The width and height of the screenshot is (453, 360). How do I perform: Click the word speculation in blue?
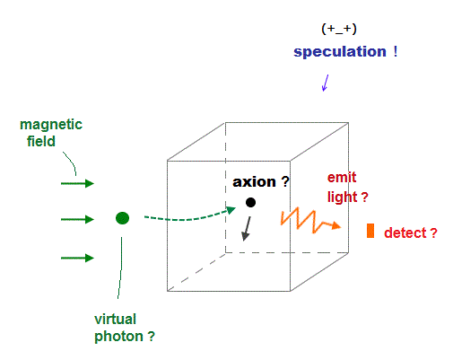(x=340, y=52)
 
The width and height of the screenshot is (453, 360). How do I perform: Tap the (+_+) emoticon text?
(x=339, y=29)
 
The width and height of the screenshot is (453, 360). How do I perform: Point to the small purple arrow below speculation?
(x=326, y=83)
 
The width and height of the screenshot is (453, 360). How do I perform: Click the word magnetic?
(x=51, y=125)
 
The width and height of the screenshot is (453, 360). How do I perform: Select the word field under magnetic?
(x=41, y=141)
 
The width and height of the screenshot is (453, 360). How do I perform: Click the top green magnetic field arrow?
(x=77, y=183)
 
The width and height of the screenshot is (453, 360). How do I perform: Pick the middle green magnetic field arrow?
(x=77, y=219)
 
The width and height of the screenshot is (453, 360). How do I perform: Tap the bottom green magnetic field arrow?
(x=77, y=258)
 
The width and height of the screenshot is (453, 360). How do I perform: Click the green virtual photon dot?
(x=122, y=218)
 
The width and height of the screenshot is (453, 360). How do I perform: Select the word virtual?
(x=115, y=319)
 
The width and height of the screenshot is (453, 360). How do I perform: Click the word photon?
(x=118, y=337)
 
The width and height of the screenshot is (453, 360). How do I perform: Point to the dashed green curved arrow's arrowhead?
(x=231, y=210)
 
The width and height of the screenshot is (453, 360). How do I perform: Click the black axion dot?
(x=250, y=203)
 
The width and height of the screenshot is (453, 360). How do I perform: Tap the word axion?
(x=254, y=182)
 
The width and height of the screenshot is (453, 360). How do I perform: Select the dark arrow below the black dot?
(x=247, y=229)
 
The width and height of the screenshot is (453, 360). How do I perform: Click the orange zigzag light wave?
(x=310, y=221)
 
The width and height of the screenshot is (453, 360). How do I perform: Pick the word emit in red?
(x=342, y=178)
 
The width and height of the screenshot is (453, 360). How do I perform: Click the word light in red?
(x=343, y=197)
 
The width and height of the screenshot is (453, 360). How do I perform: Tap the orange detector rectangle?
(x=370, y=231)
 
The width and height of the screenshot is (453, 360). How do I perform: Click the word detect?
(x=405, y=233)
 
